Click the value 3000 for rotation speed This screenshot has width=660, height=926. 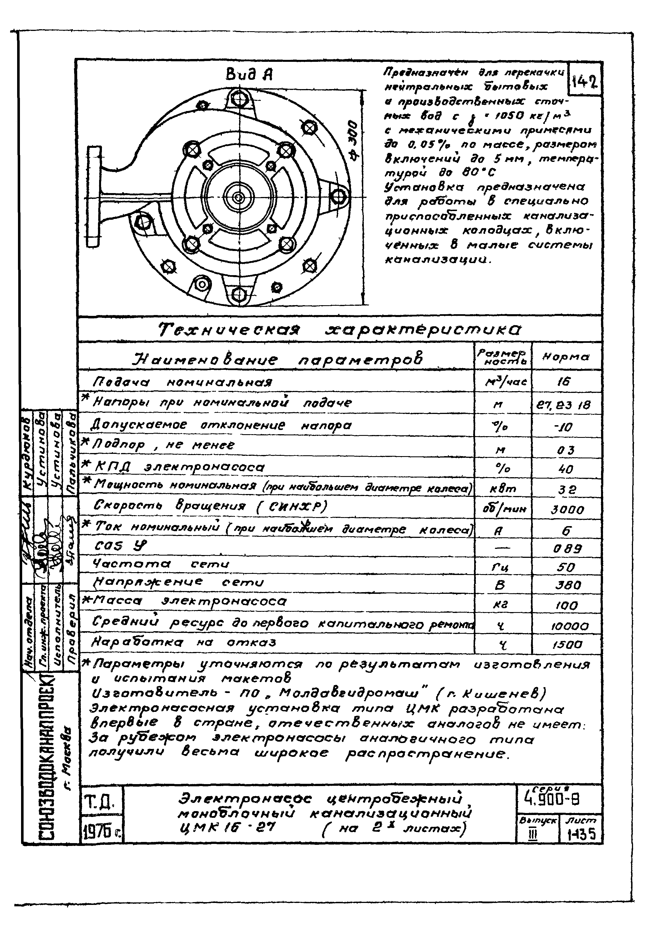(x=567, y=510)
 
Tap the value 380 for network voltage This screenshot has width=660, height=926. (x=568, y=585)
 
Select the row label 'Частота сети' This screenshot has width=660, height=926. (x=161, y=564)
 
